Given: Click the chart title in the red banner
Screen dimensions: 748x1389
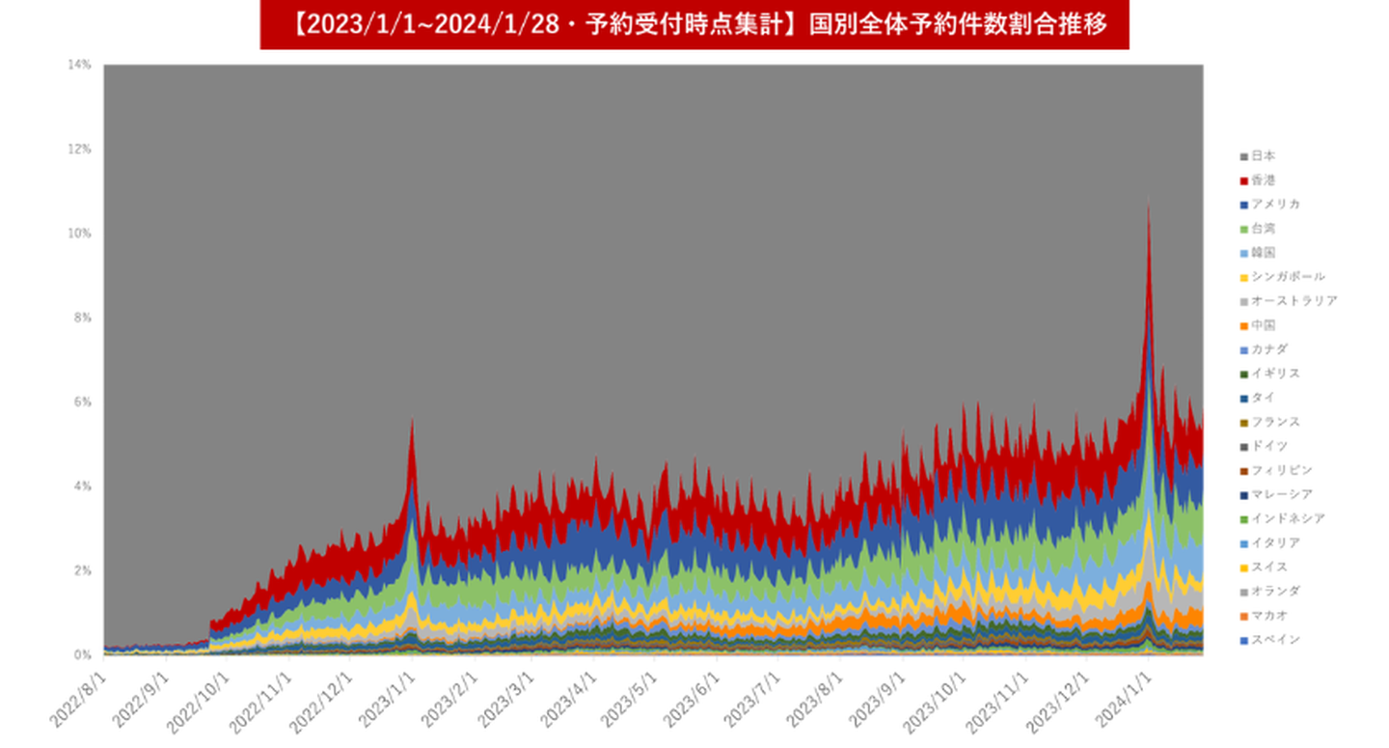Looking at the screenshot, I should (694, 24).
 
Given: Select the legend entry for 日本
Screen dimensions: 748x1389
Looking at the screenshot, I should (1263, 156).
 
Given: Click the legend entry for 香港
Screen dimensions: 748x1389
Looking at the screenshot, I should (1263, 180).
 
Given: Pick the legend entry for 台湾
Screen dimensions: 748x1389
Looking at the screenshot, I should (1263, 229).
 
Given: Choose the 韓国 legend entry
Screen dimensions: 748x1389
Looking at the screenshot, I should (1263, 253).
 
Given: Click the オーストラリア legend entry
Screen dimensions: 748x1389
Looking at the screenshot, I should (1293, 301).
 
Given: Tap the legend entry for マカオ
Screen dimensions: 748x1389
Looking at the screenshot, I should (1268, 616).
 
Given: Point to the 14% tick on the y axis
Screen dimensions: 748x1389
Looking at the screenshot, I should (79, 65).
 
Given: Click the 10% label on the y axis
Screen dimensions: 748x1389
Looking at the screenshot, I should (79, 234).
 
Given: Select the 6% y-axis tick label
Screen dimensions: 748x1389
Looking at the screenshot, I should (82, 402).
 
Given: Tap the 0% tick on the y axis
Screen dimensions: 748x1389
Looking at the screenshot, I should (82, 654).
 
